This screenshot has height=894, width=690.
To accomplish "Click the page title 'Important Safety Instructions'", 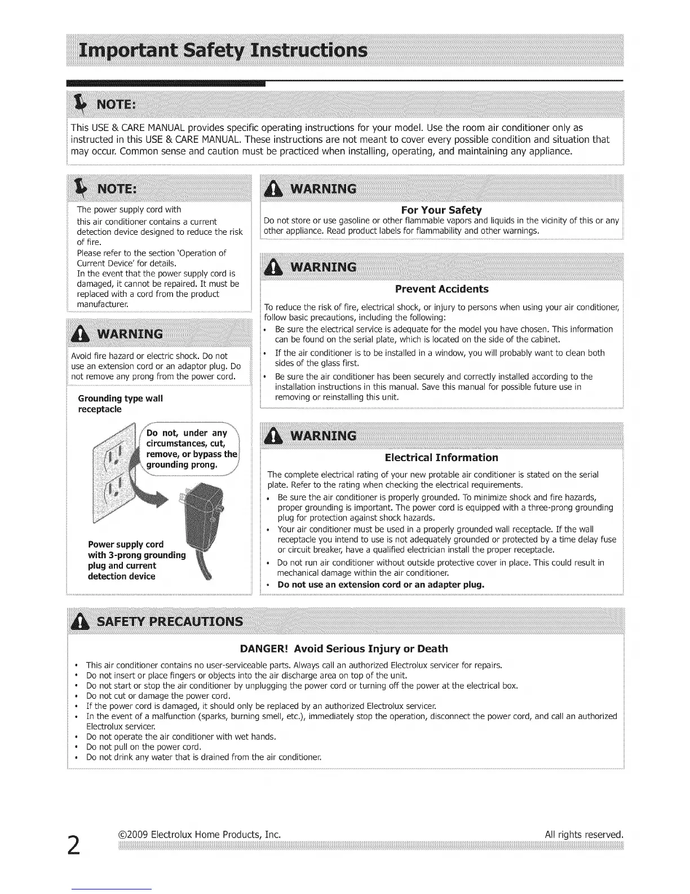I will [x=223, y=51].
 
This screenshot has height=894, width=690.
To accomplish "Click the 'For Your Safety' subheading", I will [x=441, y=210].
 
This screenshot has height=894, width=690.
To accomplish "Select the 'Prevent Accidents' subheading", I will [x=441, y=289].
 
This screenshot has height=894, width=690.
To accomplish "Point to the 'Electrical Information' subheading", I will [x=441, y=457].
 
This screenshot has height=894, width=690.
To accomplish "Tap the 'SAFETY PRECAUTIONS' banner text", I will [x=170, y=621].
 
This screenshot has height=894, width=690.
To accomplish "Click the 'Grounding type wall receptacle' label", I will [x=120, y=404].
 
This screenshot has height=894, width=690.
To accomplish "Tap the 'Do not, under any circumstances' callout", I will [x=191, y=449].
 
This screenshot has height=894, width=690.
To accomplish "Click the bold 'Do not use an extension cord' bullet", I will [x=381, y=584].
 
